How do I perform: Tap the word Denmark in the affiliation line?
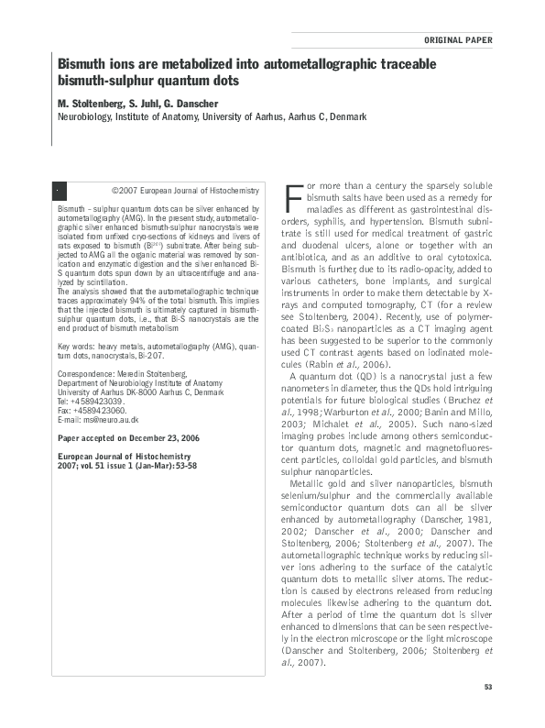click(347, 116)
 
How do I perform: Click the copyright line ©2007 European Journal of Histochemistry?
click(184, 191)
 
